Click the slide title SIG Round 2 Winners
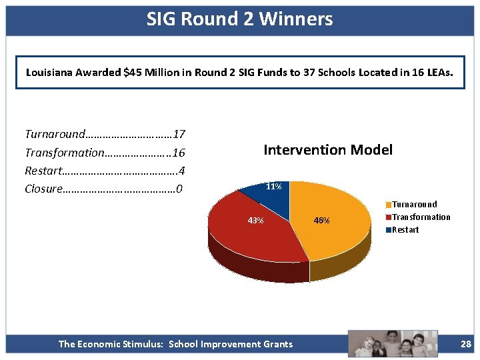239,19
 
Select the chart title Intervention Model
328,150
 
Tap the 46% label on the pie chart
321,221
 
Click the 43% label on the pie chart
255,221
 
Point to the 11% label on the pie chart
273,187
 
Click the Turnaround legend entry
414,205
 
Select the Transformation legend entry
421,217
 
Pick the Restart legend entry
405,230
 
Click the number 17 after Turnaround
179,135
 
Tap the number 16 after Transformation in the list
179,153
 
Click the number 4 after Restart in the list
181,171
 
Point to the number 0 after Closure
179,189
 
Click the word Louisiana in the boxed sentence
49,73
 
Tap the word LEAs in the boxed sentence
440,73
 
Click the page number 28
465,344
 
